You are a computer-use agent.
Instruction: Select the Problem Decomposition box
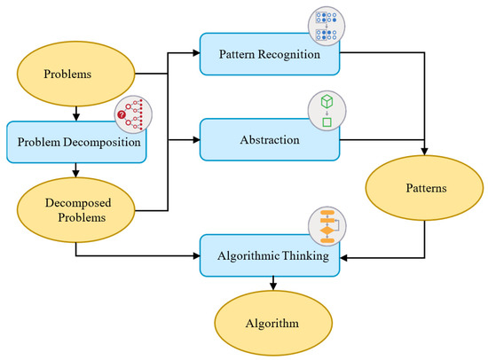[x=75, y=142]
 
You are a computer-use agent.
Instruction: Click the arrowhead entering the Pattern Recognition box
[x=195, y=55]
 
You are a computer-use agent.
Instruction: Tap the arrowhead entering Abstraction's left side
[x=195, y=138]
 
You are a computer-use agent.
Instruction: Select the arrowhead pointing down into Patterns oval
[x=423, y=151]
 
